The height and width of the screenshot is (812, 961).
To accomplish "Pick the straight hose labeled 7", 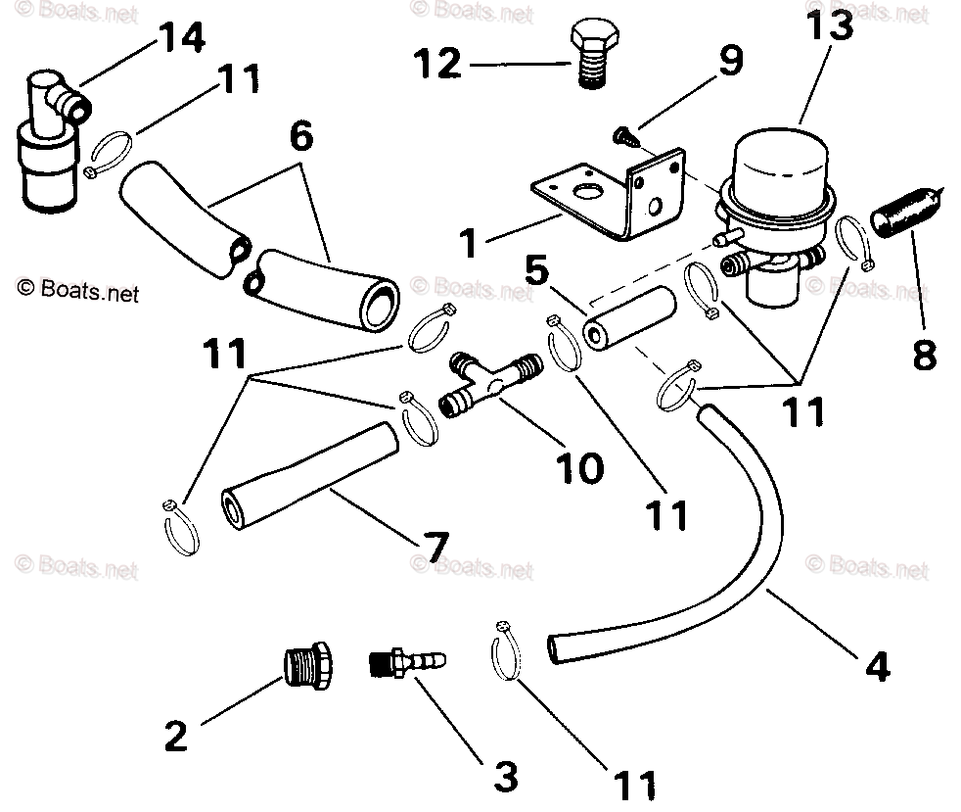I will click(309, 470).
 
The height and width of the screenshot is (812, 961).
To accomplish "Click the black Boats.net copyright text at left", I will click(78, 291).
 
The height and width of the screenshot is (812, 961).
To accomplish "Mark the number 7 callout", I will click(435, 545).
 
